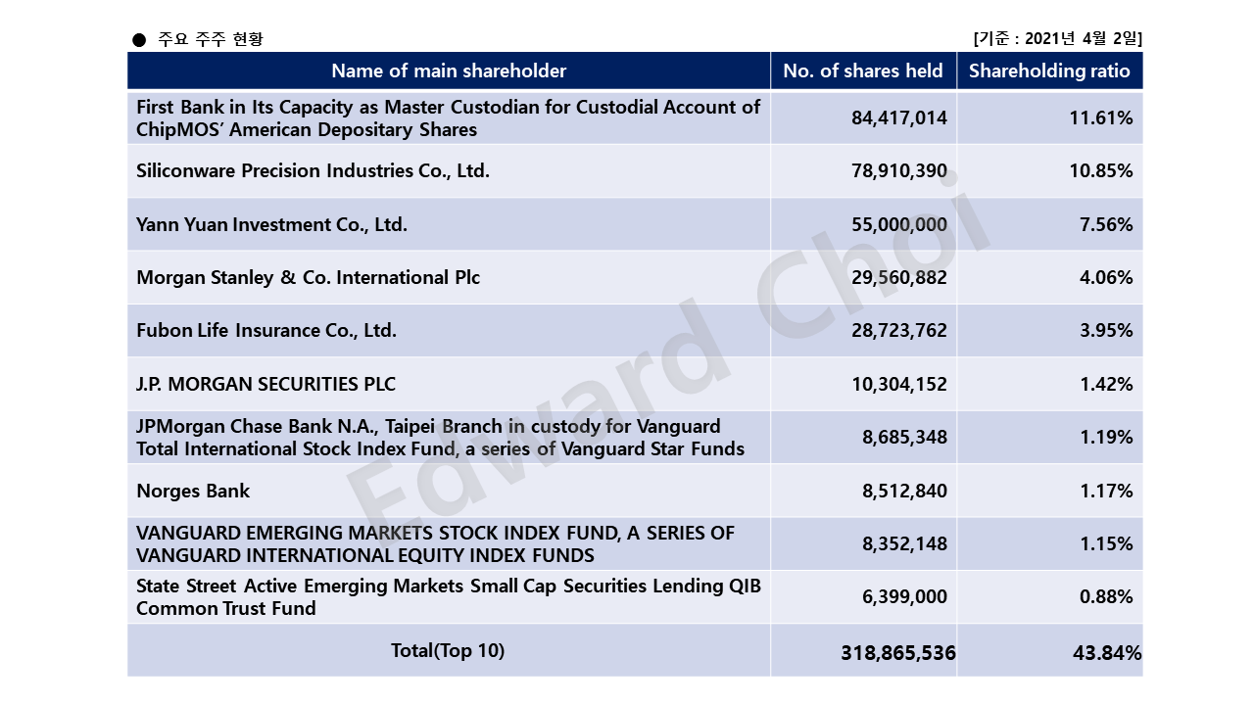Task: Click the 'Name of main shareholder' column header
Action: [x=449, y=71]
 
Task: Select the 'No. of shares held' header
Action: [x=863, y=71]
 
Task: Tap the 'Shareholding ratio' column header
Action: [x=1049, y=71]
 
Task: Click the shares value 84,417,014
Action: [x=899, y=118]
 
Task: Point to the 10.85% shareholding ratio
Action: [x=1100, y=170]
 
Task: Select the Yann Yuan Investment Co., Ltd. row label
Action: [x=271, y=224]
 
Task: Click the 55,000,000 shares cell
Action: [x=899, y=224]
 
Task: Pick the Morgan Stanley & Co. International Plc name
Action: [x=308, y=277]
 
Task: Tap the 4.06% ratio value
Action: [x=1106, y=277]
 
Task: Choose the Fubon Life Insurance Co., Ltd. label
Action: [x=266, y=331]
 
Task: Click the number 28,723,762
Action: [x=899, y=331]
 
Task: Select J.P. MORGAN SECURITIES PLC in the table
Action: [x=265, y=385]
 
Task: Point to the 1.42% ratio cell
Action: [x=1106, y=385]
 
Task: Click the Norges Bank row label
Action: [x=193, y=491]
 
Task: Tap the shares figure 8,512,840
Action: [x=904, y=491]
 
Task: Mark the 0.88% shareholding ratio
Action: [x=1106, y=597]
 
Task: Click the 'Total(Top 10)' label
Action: [x=448, y=651]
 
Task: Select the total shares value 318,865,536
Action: [x=898, y=653]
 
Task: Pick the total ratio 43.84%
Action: [x=1107, y=653]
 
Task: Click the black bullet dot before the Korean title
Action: [x=139, y=40]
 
